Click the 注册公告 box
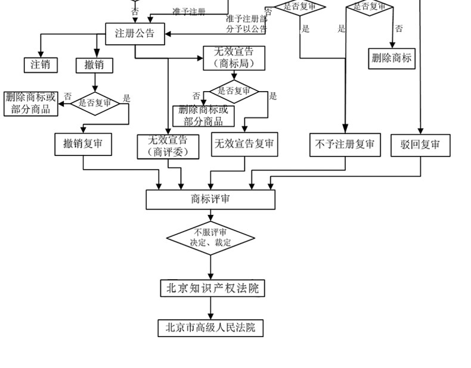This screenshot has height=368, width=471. pos(134,33)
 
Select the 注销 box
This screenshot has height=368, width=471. pos(41,64)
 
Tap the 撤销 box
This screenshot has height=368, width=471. pos(94,65)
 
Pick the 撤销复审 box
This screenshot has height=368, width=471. pos(83,144)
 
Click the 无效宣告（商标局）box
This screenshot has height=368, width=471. pos(234,58)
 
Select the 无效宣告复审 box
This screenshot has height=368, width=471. pos(244,144)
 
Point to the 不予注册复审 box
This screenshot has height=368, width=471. pos(345,145)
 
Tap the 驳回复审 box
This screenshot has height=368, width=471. pos(420,145)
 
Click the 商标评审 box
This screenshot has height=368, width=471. pos(210,199)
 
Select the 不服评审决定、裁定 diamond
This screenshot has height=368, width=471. pos(210,238)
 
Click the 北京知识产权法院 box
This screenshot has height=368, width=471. pos(212,288)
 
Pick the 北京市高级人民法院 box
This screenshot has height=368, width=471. pos(210,328)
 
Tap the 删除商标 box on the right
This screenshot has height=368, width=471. pos(391,58)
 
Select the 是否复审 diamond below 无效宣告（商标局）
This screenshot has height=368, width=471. pos(234,91)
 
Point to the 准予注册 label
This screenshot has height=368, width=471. pos(189,11)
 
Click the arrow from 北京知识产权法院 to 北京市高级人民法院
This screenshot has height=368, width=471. pos(210,308)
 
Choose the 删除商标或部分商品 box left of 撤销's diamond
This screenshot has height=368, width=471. pos(30,103)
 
